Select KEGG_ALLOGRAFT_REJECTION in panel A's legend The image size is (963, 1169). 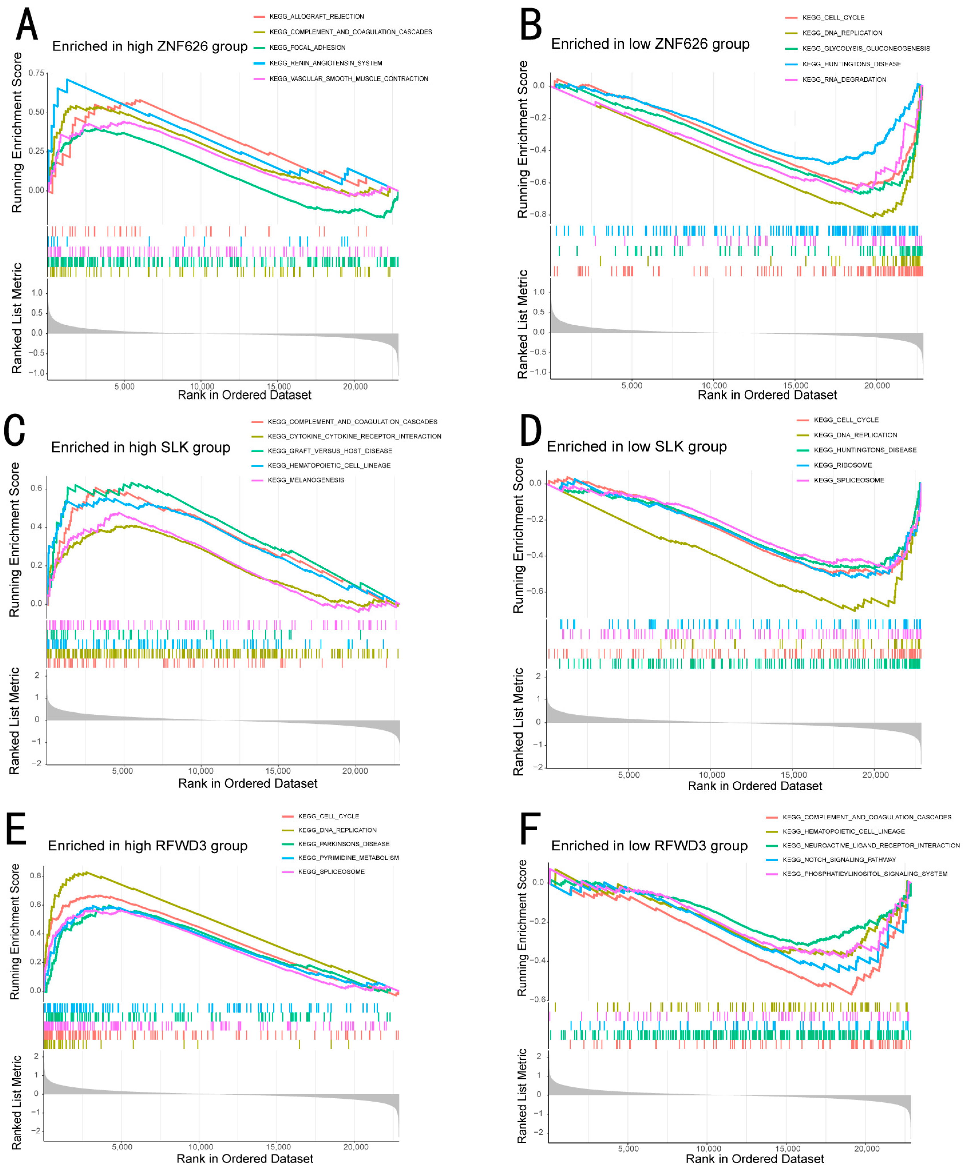(x=316, y=17)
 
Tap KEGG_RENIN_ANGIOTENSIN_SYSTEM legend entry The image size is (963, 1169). (x=326, y=63)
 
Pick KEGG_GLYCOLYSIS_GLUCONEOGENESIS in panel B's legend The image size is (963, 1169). (x=865, y=49)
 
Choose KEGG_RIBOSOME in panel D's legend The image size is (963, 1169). (x=843, y=465)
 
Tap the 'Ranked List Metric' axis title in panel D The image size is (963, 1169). (x=518, y=722)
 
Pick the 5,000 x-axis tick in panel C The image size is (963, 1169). (x=123, y=771)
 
